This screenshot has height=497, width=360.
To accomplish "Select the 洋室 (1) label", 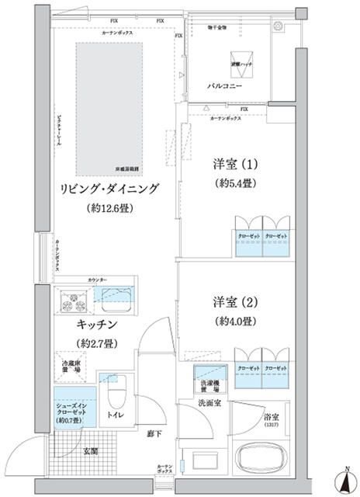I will point(234,165).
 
